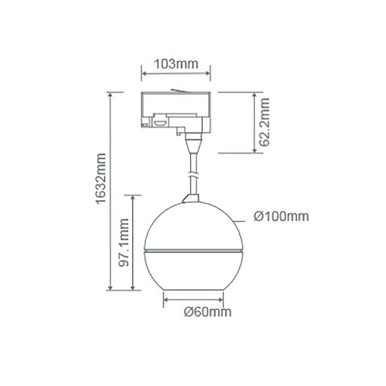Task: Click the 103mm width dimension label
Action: [x=176, y=64]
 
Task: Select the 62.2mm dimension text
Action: [x=264, y=122]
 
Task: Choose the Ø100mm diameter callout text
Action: [x=281, y=217]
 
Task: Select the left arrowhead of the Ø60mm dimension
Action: [x=165, y=301]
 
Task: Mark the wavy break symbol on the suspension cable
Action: [x=193, y=175]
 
